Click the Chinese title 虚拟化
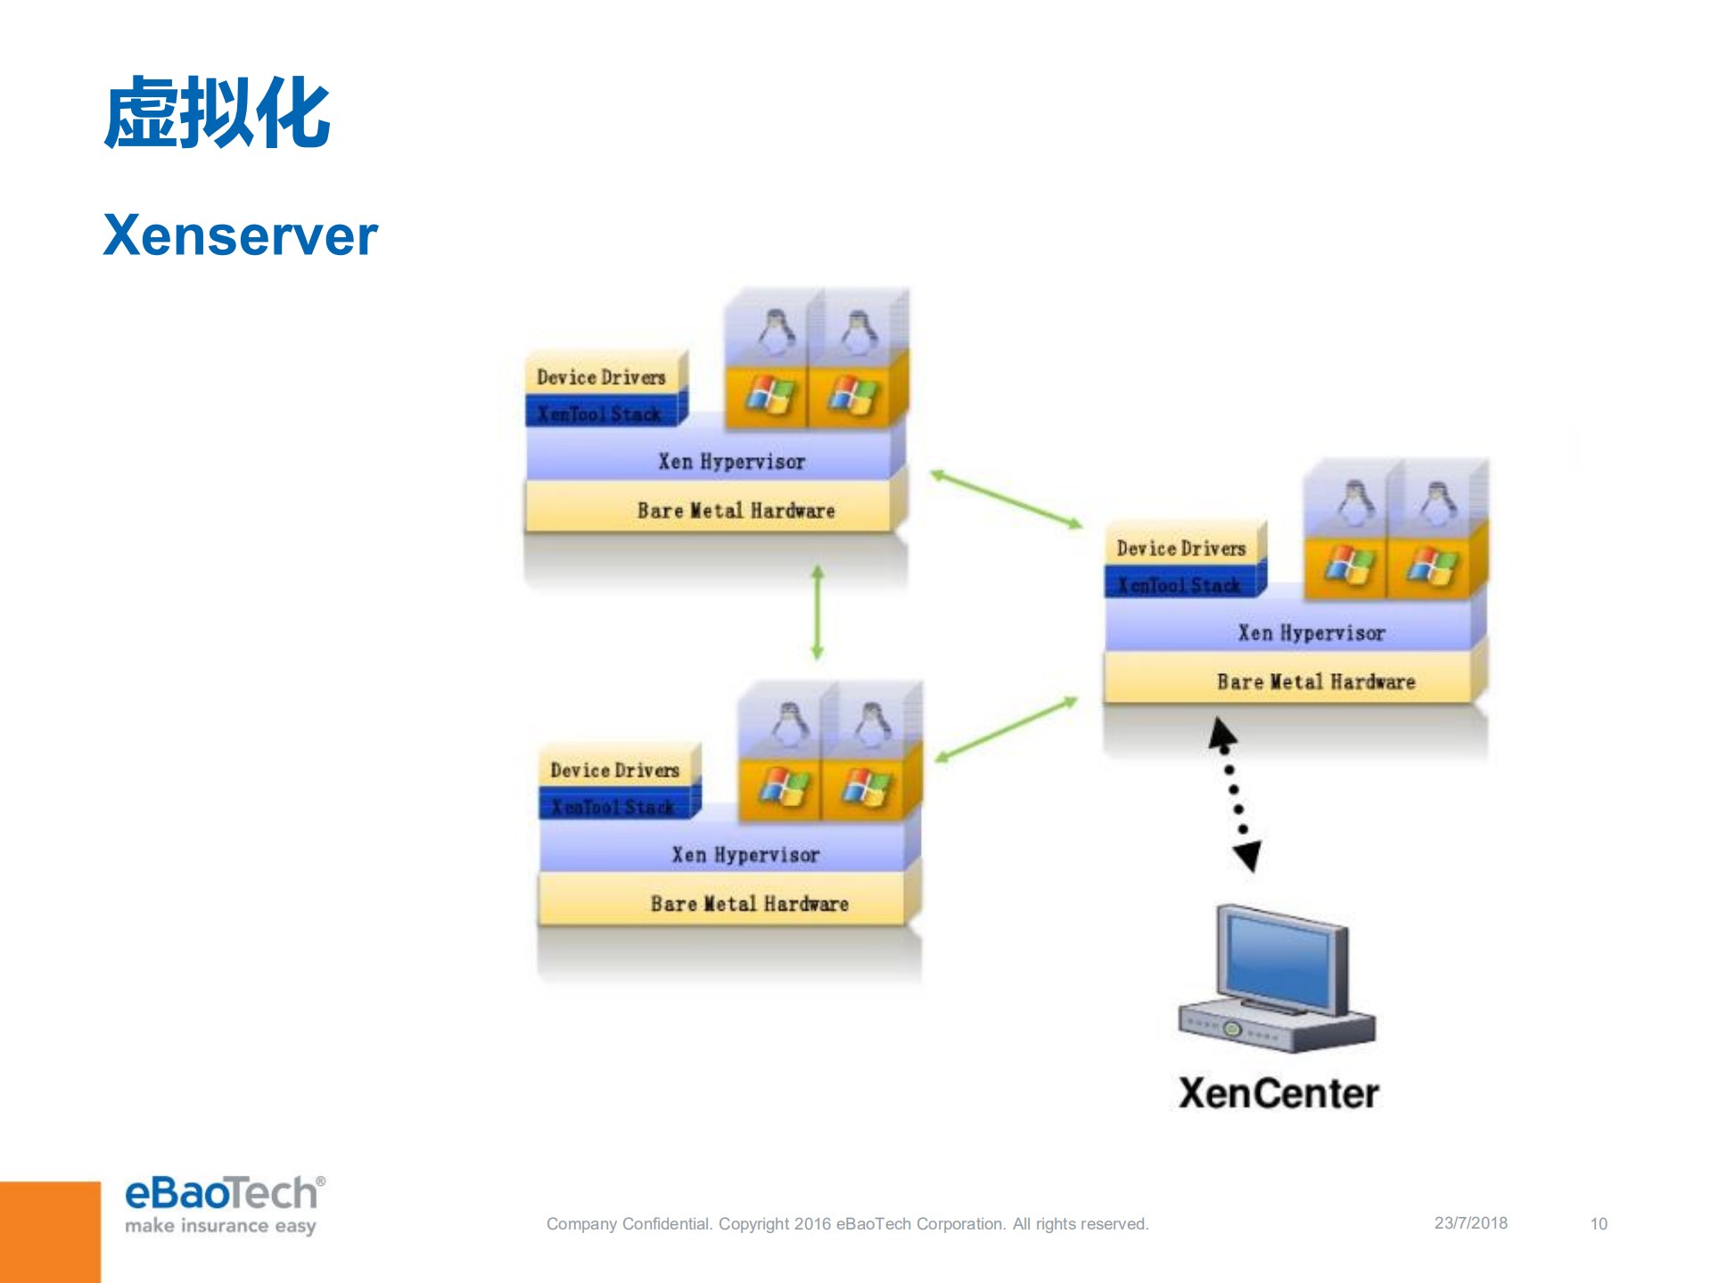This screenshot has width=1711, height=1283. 217,113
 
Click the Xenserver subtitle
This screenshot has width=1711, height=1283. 240,235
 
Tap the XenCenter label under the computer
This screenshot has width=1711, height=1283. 1278,1093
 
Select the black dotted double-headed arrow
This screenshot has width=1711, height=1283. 1235,794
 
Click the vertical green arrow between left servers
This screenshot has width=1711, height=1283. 818,613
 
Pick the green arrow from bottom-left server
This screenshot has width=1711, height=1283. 1006,730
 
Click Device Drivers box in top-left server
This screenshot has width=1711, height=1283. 602,377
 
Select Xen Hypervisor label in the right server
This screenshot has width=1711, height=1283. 1311,633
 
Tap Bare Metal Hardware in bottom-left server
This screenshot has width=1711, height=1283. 749,904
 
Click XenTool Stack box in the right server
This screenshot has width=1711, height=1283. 1179,586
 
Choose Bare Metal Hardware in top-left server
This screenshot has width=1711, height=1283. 736,511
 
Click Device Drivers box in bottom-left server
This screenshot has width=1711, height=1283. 614,769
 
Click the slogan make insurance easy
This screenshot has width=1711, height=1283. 220,1226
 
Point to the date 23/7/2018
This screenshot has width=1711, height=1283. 1470,1223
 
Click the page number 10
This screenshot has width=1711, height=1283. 1599,1224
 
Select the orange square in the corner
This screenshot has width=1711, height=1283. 50,1232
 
